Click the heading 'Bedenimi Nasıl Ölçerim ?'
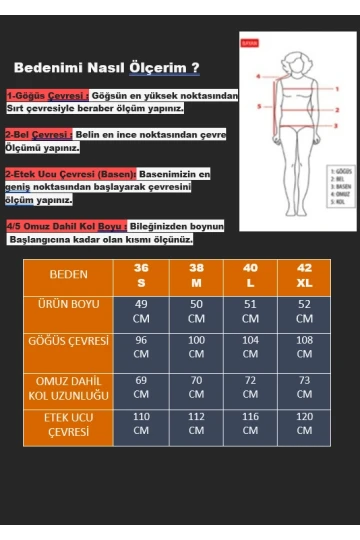(106, 67)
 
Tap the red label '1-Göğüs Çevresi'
(46, 95)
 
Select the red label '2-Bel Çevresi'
(38, 134)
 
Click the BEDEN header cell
(68, 274)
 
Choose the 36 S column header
(141, 275)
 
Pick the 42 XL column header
(304, 275)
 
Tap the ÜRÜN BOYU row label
(68, 304)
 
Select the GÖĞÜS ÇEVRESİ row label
(68, 341)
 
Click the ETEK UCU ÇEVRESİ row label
(68, 425)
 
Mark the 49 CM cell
(141, 311)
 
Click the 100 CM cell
(196, 347)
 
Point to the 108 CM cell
(304, 347)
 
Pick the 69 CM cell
(141, 387)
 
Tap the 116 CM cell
(250, 423)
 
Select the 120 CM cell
(304, 423)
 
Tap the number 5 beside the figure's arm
(259, 106)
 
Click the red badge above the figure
(250, 43)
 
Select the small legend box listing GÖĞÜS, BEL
(341, 186)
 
